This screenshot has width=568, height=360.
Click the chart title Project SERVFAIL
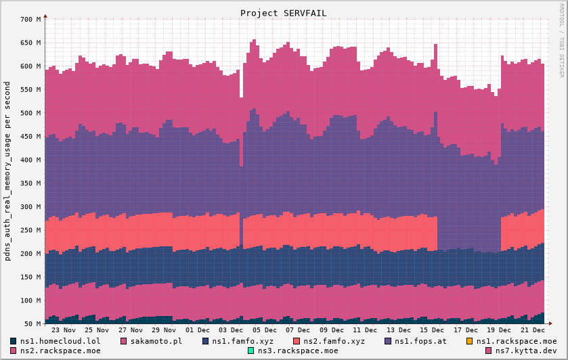(284, 13)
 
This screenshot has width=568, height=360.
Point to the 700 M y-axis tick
(30, 20)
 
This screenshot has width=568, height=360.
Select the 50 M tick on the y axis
(32, 324)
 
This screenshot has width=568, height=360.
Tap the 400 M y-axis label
(30, 160)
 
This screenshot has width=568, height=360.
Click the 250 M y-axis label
(30, 231)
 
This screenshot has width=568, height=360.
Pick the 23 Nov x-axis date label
(64, 330)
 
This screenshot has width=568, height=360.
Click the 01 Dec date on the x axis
(198, 330)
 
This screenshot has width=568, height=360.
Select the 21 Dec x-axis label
(533, 330)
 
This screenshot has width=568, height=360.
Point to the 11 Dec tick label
(366, 330)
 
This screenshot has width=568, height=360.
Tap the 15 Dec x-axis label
(433, 330)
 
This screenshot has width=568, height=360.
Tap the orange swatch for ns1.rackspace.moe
(471, 341)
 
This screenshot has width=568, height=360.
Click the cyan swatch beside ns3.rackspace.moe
(250, 351)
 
